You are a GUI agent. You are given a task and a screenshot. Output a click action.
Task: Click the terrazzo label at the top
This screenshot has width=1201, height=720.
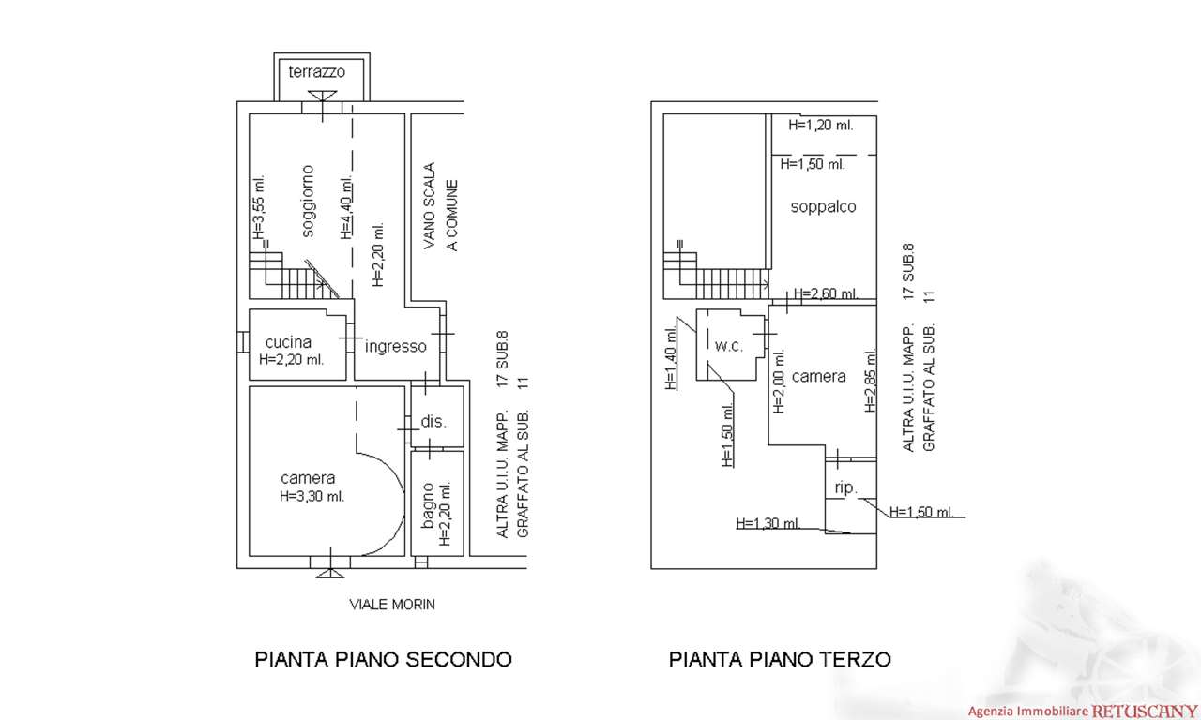317,71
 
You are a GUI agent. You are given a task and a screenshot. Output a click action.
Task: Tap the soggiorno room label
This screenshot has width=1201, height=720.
308,201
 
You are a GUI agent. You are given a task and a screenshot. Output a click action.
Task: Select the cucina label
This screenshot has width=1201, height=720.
288,342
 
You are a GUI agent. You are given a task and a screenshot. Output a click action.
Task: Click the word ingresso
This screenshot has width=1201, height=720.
396,346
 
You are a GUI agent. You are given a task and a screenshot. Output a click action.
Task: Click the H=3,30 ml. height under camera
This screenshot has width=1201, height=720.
312,496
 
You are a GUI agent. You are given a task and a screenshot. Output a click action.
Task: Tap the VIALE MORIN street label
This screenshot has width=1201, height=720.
388,605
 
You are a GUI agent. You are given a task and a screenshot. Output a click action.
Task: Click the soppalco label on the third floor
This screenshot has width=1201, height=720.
823,206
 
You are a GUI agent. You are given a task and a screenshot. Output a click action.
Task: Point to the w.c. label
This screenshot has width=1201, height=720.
729,346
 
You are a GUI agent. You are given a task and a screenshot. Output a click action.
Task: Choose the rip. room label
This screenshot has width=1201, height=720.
846,487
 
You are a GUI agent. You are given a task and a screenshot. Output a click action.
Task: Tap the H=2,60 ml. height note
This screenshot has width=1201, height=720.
826,293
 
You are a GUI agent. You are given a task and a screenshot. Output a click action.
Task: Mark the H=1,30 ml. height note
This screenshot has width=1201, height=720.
768,523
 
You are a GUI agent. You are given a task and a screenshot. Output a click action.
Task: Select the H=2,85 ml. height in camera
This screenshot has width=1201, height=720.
870,382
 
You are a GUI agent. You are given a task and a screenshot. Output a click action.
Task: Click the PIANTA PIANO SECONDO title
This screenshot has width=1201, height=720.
384,659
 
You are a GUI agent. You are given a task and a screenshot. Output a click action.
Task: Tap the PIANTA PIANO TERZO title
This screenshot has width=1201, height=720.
780,659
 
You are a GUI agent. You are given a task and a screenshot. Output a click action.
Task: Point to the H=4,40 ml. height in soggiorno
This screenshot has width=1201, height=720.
346,208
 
